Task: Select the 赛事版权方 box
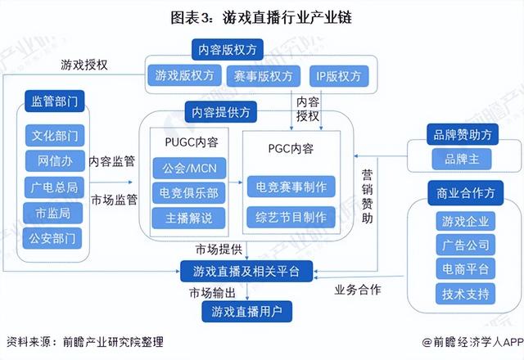coord(258,75)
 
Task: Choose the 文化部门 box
coord(53,135)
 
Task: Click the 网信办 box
coord(53,160)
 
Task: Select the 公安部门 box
coord(53,239)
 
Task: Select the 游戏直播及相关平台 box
coord(246,271)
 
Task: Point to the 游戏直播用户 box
coord(246,310)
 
